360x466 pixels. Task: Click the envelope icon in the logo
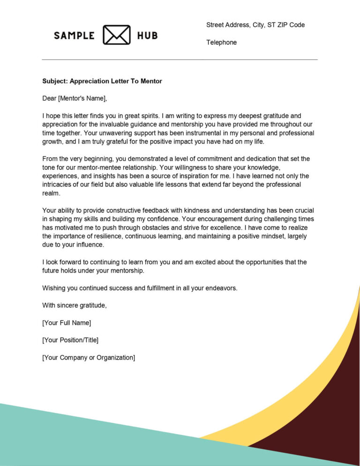pos(116,35)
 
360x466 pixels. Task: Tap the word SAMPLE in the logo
pos(74,36)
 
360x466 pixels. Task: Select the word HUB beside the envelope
pos(147,36)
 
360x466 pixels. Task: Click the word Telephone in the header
pos(221,43)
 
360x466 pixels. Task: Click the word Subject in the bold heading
pos(55,81)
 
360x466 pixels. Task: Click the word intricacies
pos(58,185)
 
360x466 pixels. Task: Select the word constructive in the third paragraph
pos(126,210)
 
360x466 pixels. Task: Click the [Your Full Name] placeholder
pos(67,323)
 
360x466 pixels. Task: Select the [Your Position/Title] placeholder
pos(70,340)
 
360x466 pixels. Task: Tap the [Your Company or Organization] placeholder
pos(89,357)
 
